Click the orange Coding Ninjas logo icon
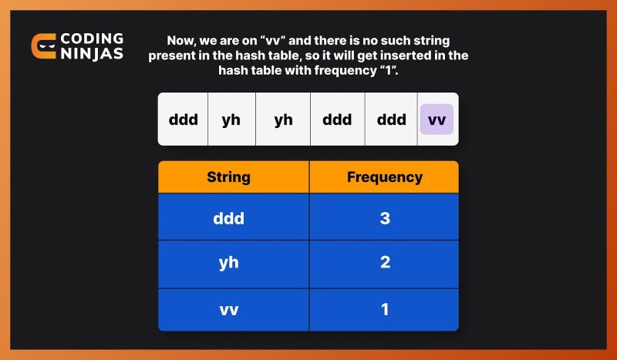pyautogui.click(x=43, y=45)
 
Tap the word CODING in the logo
pyautogui.click(x=91, y=39)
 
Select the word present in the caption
pyautogui.click(x=174, y=56)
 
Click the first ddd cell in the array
pyautogui.click(x=184, y=119)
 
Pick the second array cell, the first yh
pyautogui.click(x=231, y=119)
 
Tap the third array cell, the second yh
pyautogui.click(x=283, y=119)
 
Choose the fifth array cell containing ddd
pyautogui.click(x=391, y=119)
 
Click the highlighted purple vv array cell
pyautogui.click(x=437, y=119)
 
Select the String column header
pyautogui.click(x=228, y=177)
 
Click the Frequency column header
pyautogui.click(x=384, y=177)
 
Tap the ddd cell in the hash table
pyautogui.click(x=228, y=217)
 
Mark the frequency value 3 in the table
pyautogui.click(x=384, y=217)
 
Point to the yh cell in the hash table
pyautogui.click(x=228, y=263)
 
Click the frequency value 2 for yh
pyautogui.click(x=384, y=263)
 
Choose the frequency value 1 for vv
pyautogui.click(x=384, y=309)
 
